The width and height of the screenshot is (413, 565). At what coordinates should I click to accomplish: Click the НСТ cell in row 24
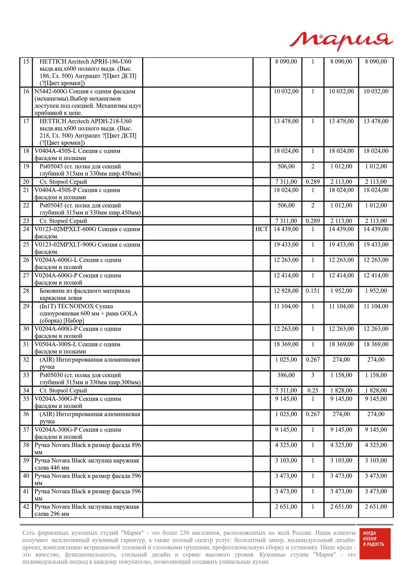pyautogui.click(x=261, y=229)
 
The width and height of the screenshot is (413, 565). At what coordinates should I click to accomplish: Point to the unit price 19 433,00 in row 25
pyautogui.click(x=286, y=245)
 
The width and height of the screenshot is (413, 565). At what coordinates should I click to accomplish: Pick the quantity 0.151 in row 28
pyautogui.click(x=313, y=291)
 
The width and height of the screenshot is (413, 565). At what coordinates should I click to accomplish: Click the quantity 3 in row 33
pyautogui.click(x=313, y=375)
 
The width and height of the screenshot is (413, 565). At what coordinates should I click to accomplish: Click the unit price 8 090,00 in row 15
pyautogui.click(x=286, y=62)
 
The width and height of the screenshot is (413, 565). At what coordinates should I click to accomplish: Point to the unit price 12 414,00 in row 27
pyautogui.click(x=286, y=275)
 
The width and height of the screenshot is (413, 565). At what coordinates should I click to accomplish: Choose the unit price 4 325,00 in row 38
pyautogui.click(x=286, y=445)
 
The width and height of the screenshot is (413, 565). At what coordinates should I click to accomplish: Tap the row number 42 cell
pyautogui.click(x=26, y=507)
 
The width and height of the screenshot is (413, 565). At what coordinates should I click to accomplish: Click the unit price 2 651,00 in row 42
pyautogui.click(x=286, y=507)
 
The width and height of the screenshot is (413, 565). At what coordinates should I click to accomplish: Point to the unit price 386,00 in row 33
pyautogui.click(x=286, y=375)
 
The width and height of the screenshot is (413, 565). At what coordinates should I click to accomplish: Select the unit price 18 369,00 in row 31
pyautogui.click(x=286, y=344)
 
